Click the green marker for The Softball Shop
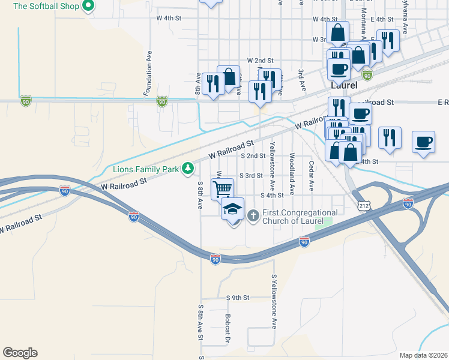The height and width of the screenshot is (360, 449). (x=88, y=7)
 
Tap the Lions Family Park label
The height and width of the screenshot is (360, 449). (x=146, y=169)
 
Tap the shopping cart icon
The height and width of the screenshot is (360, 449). (x=222, y=189)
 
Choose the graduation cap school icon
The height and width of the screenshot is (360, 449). (x=232, y=209)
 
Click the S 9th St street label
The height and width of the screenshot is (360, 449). (x=237, y=298)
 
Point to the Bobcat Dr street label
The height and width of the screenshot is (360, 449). (x=228, y=328)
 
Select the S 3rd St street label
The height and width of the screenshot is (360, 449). (x=251, y=175)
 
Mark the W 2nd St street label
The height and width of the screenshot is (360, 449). (x=260, y=61)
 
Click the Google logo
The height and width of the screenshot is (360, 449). (x=20, y=353)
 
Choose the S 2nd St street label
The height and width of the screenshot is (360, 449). (x=253, y=155)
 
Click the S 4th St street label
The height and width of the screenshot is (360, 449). (x=271, y=195)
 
